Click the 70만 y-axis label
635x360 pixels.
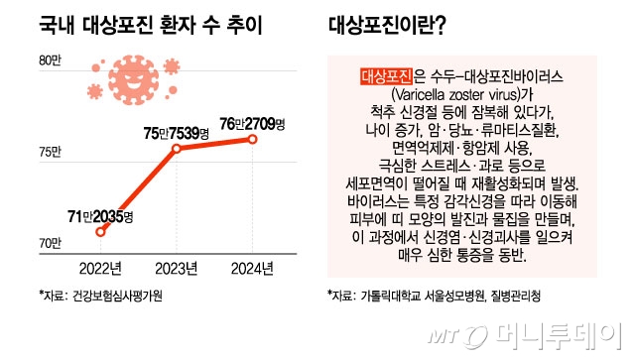(x=51, y=243)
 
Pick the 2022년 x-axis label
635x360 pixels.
(x=99, y=267)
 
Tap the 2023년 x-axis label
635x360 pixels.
(x=176, y=267)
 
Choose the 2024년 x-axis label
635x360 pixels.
(x=252, y=267)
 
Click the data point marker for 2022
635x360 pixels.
(x=100, y=232)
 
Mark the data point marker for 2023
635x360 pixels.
(x=177, y=149)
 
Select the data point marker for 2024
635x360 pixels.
(x=253, y=140)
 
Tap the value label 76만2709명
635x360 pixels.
(x=252, y=122)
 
